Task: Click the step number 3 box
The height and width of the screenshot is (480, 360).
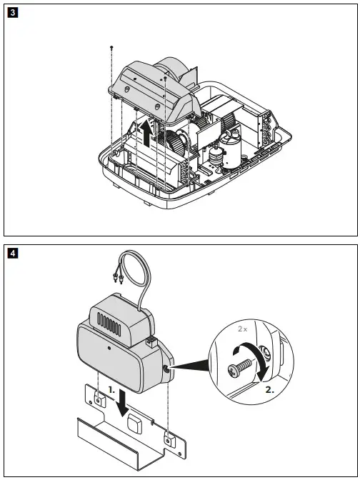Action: [x=11, y=12]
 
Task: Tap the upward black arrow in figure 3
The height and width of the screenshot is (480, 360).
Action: [x=146, y=133]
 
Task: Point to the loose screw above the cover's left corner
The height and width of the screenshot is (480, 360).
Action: [x=112, y=47]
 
